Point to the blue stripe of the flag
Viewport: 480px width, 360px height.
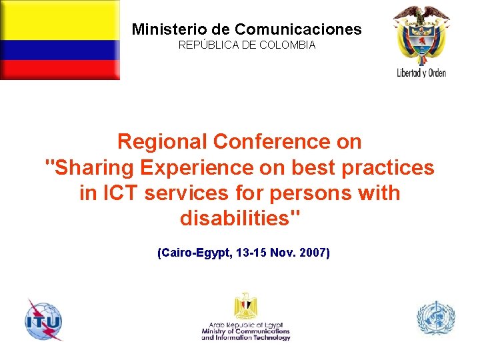tap(60, 50)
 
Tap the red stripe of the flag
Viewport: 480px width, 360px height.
tap(60, 69)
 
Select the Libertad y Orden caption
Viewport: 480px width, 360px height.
tap(421, 73)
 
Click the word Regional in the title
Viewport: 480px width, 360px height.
tap(162, 141)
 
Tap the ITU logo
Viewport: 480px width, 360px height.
tap(43, 319)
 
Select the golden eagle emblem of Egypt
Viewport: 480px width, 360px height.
tap(245, 306)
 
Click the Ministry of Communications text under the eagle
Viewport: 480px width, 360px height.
tap(246, 331)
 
